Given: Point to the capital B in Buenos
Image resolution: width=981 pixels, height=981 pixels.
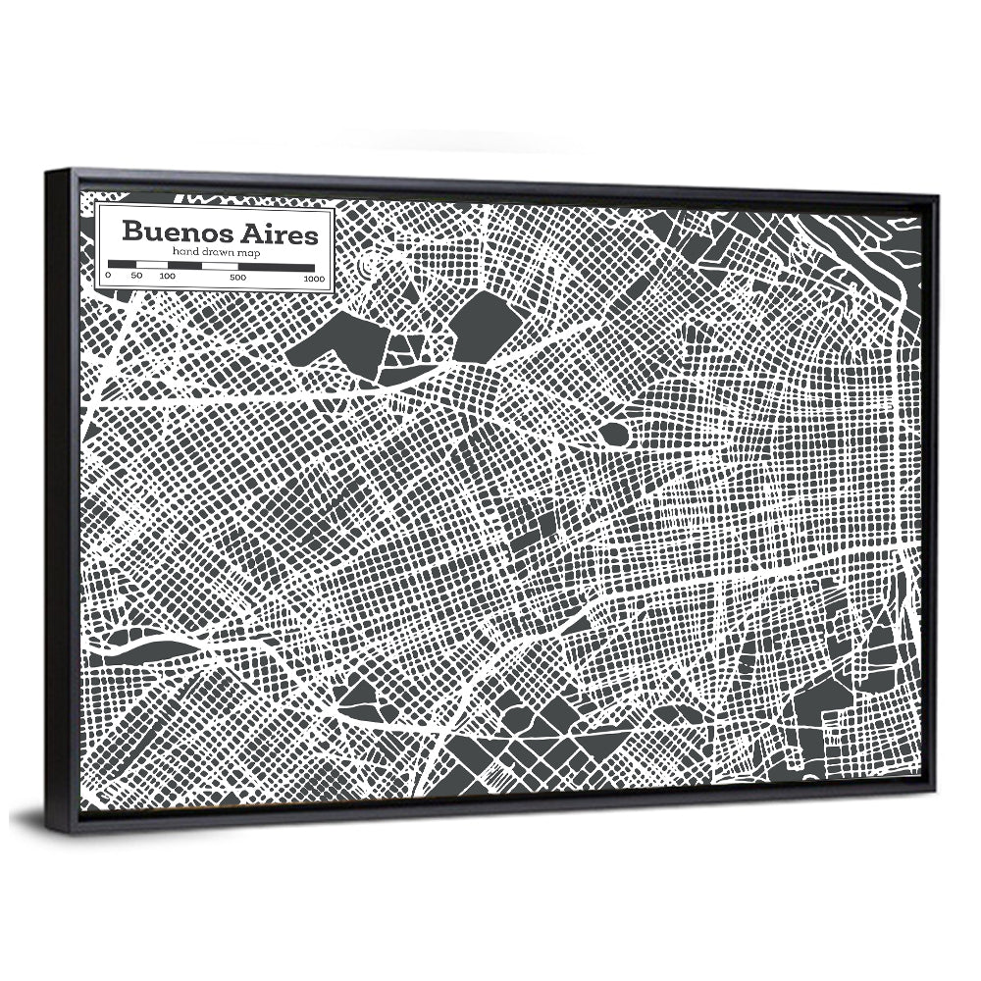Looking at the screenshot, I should tap(129, 233).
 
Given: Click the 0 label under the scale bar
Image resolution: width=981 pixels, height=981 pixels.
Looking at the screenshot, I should tap(108, 278).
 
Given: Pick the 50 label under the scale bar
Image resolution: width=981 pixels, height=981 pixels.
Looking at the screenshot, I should tap(136, 278).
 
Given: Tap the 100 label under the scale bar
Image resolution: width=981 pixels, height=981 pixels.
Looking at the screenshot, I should tap(167, 278).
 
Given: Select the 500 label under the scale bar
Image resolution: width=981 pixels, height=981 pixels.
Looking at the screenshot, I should tap(238, 279).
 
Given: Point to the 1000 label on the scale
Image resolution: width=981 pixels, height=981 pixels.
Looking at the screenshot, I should tap(314, 280).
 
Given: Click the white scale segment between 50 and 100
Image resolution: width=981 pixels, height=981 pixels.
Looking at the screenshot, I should tap(151, 265).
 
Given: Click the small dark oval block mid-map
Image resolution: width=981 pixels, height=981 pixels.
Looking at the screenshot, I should tap(616, 432).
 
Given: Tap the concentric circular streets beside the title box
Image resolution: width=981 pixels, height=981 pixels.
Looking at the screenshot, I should tap(369, 265).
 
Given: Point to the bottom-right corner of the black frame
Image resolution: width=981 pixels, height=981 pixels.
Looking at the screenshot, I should tap(937, 802).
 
